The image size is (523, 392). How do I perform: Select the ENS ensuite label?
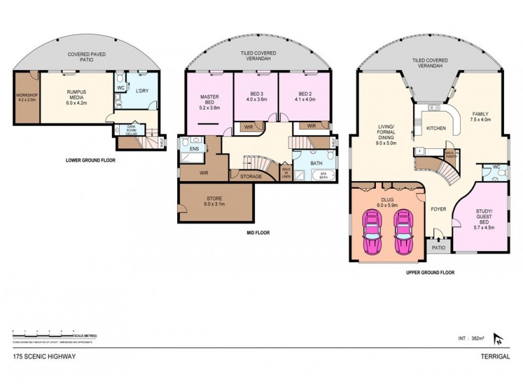194,150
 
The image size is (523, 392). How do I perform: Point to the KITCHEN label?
436,129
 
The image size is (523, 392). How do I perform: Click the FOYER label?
438,210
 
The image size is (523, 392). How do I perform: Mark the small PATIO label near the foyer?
437,248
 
